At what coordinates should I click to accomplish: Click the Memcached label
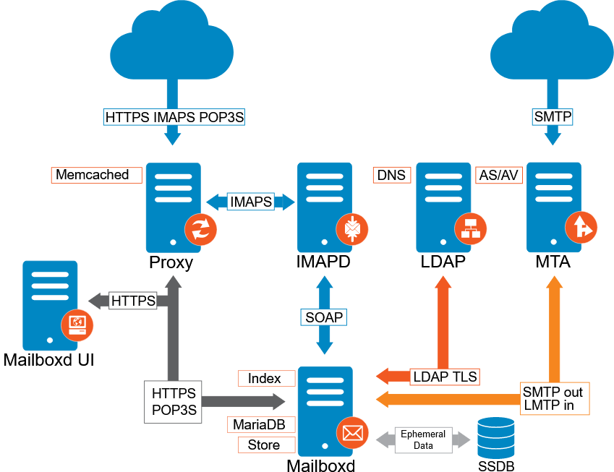(97, 175)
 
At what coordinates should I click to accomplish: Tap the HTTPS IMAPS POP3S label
(171, 116)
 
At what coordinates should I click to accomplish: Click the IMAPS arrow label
(250, 202)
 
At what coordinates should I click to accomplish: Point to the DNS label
(391, 175)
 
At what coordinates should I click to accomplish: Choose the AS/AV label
(500, 175)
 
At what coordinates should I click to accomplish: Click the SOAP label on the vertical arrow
(324, 317)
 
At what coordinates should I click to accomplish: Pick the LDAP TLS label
(445, 376)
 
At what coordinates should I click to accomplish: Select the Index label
(266, 378)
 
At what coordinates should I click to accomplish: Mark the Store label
(266, 445)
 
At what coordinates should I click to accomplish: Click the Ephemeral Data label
(423, 439)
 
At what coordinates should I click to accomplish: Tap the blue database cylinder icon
(496, 437)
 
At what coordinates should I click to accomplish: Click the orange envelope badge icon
(352, 433)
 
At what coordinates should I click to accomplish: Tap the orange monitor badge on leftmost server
(77, 324)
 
